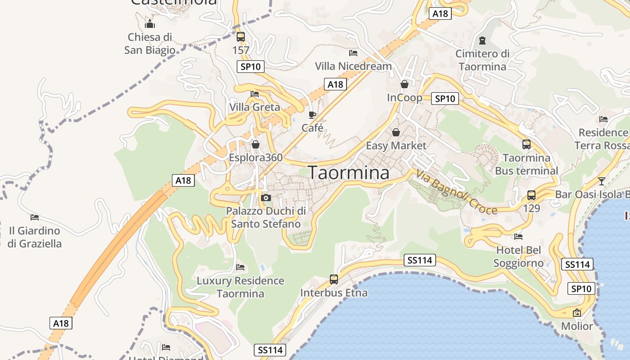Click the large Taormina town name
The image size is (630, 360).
pyautogui.click(x=349, y=173)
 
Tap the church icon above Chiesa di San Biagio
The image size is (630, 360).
pyautogui.click(x=150, y=24)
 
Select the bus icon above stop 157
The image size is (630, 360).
pyautogui.click(x=241, y=37)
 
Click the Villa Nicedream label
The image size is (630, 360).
pyautogui.click(x=353, y=66)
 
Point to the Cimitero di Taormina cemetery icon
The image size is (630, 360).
pyautogui.click(x=482, y=40)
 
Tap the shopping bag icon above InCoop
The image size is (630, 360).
pyautogui.click(x=405, y=84)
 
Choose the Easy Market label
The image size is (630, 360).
pyautogui.click(x=396, y=146)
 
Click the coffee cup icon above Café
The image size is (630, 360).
pyautogui.click(x=312, y=115)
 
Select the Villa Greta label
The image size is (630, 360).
pyautogui.click(x=255, y=107)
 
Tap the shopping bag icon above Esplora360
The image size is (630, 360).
pyautogui.click(x=256, y=144)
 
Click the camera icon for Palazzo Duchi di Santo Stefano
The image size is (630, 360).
pyautogui.click(x=266, y=198)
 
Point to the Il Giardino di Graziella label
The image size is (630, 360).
pyautogui.click(x=35, y=237)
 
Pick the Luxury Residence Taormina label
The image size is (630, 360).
pyautogui.click(x=240, y=287)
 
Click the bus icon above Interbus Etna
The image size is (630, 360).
pyautogui.click(x=334, y=279)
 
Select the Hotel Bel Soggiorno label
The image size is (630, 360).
pyautogui.click(x=518, y=256)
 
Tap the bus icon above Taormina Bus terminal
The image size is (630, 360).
pyautogui.click(x=526, y=144)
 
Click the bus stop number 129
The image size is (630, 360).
pyautogui.click(x=531, y=209)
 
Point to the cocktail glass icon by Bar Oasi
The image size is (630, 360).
pyautogui.click(x=602, y=181)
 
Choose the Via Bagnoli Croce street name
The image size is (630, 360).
pyautogui.click(x=456, y=192)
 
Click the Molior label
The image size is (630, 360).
pyautogui.click(x=577, y=326)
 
